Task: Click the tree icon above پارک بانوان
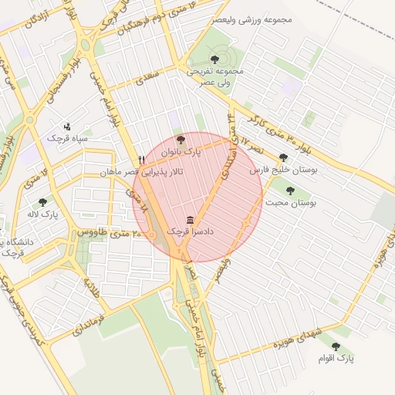tap(181, 140)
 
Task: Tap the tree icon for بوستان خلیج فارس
tap(284, 157)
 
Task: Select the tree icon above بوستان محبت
tap(290, 190)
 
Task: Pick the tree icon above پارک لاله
tap(42, 201)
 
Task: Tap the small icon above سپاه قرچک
tap(67, 126)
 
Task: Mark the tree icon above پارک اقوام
tap(336, 346)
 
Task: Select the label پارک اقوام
tap(336, 359)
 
